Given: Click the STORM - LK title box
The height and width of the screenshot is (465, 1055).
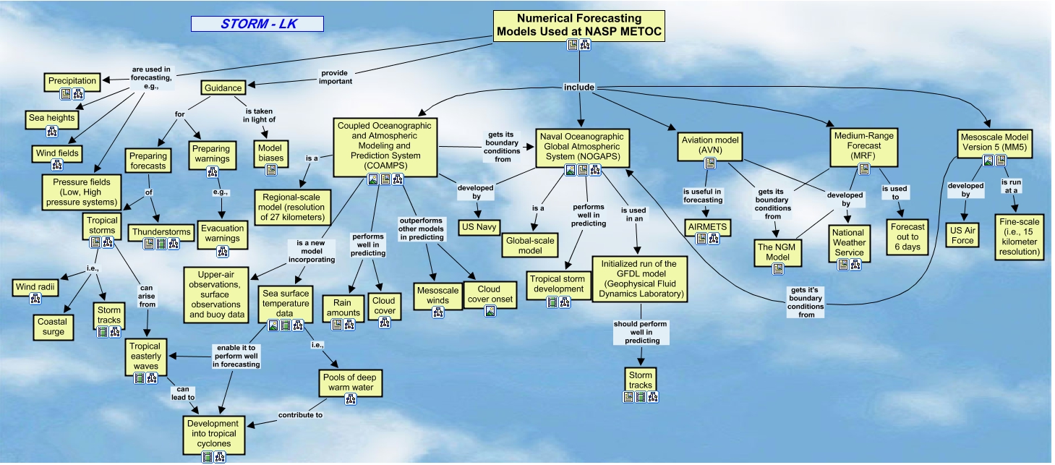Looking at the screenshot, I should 257,23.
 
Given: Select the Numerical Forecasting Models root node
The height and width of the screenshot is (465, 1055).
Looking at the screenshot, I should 578,25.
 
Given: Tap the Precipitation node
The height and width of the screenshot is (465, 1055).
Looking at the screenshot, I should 73,81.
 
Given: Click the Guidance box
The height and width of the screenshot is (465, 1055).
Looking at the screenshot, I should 223,88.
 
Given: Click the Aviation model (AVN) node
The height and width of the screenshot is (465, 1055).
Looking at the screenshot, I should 709,144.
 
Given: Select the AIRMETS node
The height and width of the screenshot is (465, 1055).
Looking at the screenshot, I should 707,226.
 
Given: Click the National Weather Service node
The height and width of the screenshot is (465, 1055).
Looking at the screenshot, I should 849,242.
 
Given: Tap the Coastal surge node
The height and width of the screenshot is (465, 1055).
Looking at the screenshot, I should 53,327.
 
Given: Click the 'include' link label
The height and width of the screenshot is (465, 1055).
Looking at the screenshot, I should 579,88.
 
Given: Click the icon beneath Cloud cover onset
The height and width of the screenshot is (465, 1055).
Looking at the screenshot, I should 490,311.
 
